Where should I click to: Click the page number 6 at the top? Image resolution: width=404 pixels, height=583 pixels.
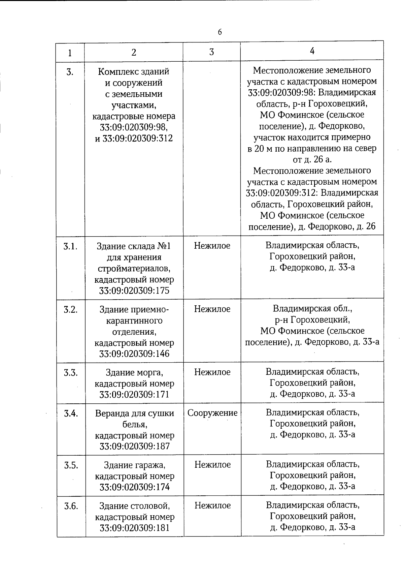click(220, 32)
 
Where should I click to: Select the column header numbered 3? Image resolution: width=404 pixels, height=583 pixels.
click(211, 52)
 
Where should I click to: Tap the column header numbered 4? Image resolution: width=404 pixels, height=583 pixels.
click(312, 51)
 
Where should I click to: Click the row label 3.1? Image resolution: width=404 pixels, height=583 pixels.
click(70, 246)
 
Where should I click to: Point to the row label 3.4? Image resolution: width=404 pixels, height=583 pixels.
click(71, 413)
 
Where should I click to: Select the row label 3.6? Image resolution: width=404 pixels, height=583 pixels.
click(71, 506)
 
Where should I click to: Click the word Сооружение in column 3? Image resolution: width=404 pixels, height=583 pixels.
click(212, 413)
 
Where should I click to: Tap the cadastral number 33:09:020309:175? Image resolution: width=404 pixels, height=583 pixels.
click(134, 291)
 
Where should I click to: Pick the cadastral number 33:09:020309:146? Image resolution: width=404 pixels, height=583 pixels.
click(134, 354)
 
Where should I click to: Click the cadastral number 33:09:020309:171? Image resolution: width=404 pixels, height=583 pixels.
click(134, 394)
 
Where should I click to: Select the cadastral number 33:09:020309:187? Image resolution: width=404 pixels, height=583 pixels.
click(134, 446)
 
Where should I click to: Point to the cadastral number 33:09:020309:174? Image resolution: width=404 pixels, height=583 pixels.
click(134, 487)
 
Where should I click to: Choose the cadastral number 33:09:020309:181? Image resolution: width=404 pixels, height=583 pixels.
click(134, 528)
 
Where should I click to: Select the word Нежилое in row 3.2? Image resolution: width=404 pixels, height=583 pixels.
click(212, 309)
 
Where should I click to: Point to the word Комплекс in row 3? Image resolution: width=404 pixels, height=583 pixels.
click(115, 72)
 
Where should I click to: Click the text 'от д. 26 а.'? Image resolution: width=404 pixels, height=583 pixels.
click(312, 159)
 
